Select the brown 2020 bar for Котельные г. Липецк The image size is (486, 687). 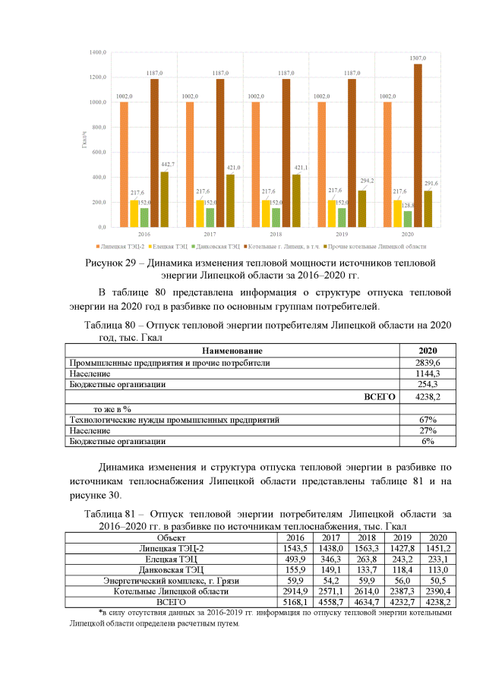pos(418,144)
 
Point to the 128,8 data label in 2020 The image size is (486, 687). pos(409,206)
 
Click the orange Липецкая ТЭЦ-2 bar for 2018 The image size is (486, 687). pos(255,164)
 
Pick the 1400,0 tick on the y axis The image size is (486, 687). pos(96,52)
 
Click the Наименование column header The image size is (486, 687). pos(232,351)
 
